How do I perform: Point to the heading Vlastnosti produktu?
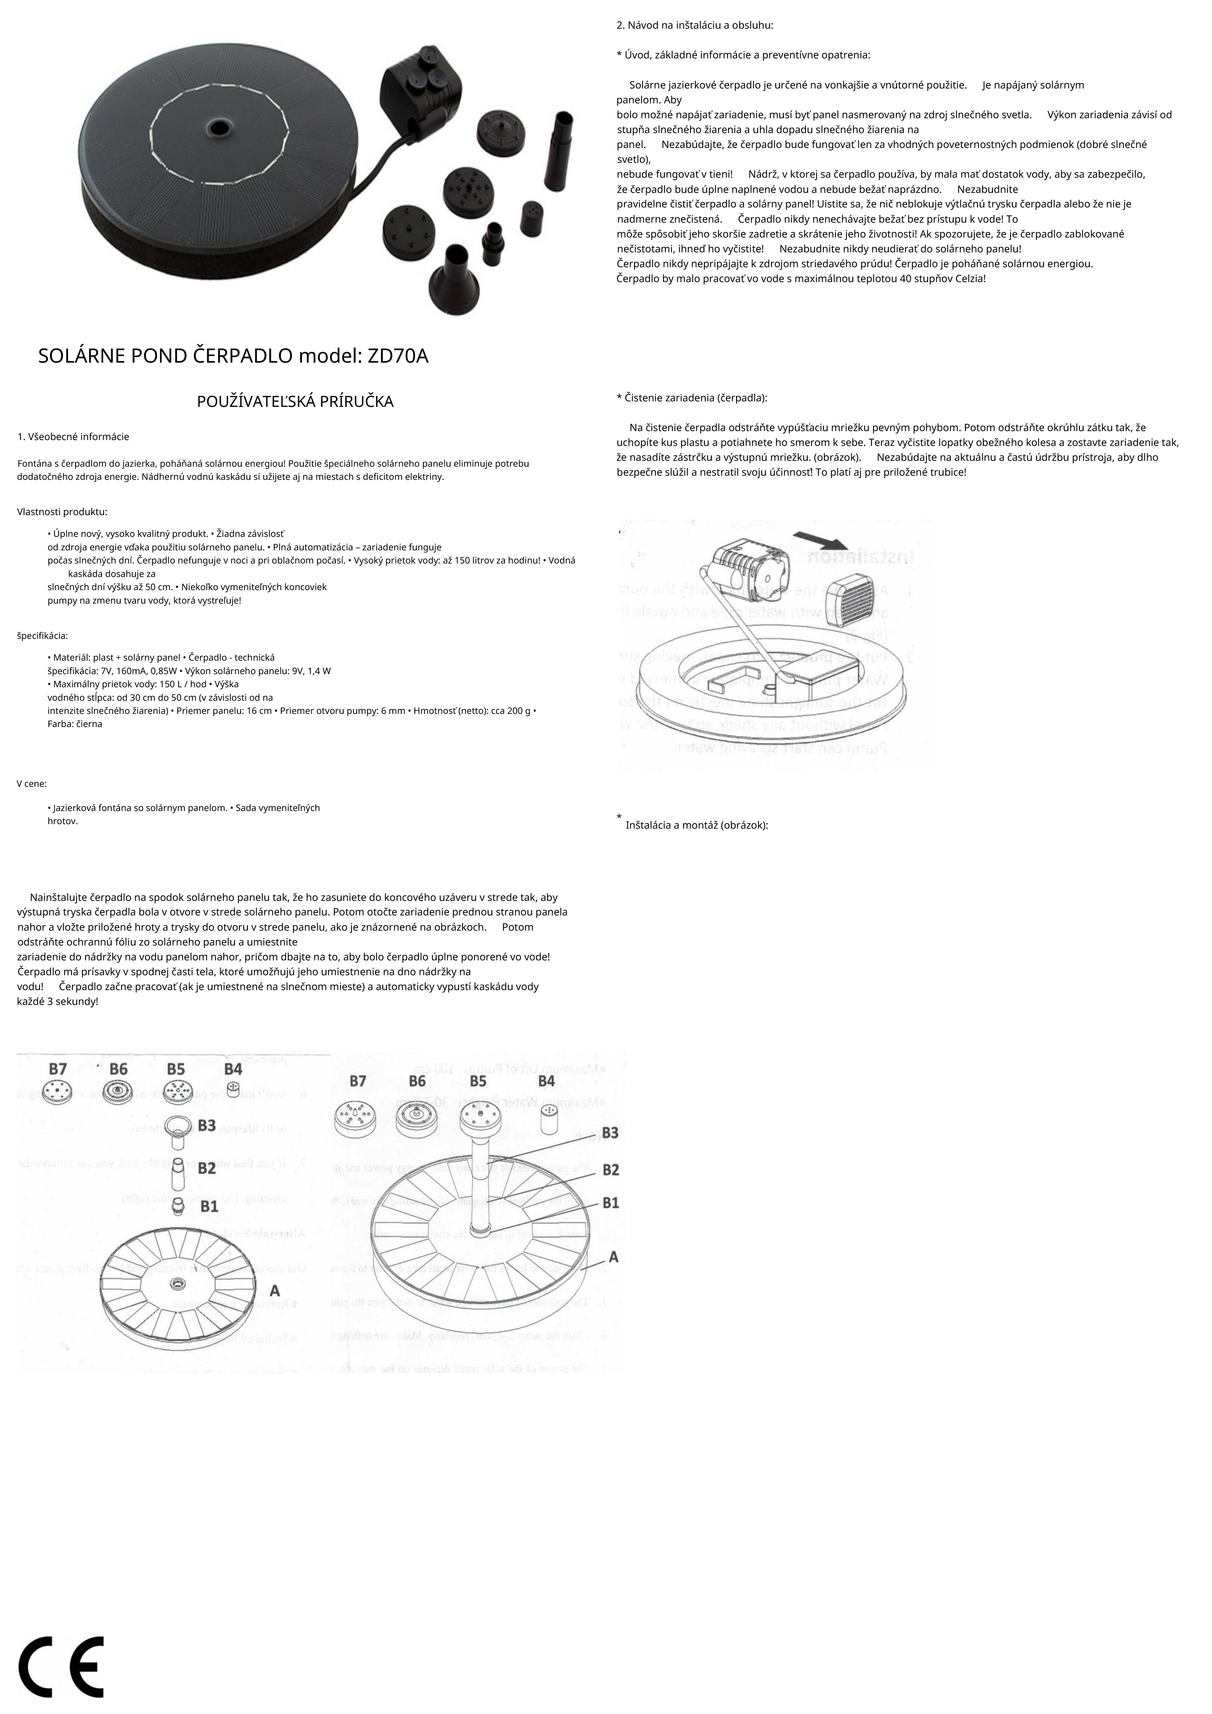point(62,512)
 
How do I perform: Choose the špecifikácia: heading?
point(43,636)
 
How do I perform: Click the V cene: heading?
point(32,784)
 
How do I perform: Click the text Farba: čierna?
point(75,724)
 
